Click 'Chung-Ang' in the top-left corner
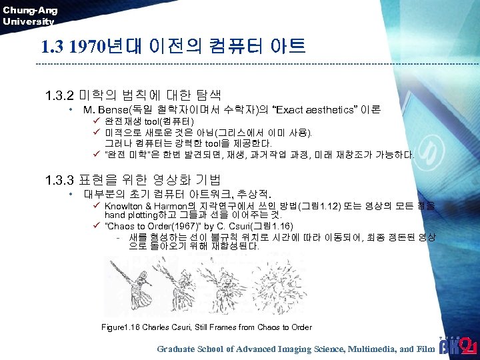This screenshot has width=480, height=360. tap(30, 10)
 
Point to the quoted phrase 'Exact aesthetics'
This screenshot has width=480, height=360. tap(315, 109)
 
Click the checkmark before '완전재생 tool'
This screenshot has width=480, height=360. tap(97, 121)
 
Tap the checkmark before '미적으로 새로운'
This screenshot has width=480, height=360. tap(97, 132)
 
